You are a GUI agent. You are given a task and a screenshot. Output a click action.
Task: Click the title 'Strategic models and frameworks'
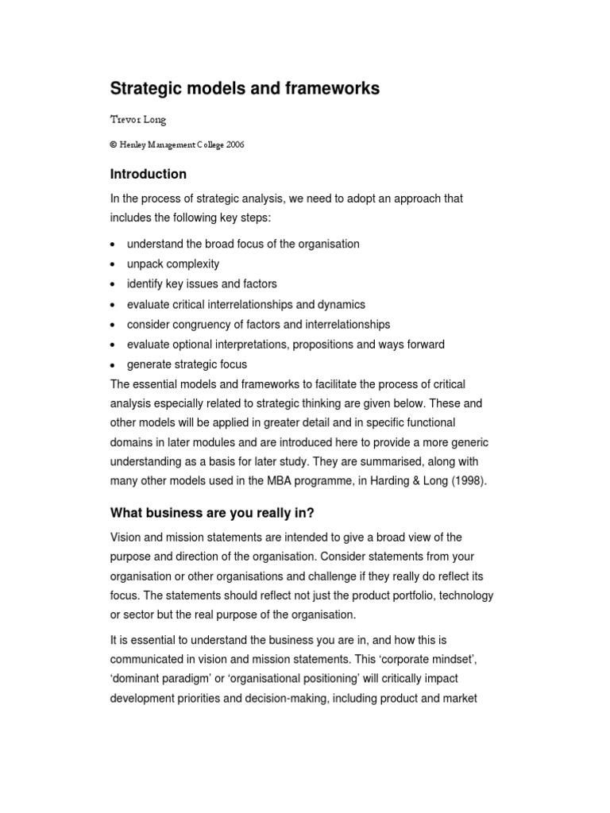[245, 89]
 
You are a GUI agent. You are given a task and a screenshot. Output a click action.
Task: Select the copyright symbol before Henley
[114, 144]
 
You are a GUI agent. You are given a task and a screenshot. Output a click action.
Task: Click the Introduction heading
[149, 174]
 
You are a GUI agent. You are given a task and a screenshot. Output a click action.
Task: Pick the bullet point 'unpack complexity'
[173, 264]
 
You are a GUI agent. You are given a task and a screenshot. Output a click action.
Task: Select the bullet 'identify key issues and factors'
[202, 283]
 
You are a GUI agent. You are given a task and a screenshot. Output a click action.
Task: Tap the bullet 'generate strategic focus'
[187, 364]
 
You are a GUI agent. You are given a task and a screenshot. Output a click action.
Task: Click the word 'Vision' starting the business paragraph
[125, 538]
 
